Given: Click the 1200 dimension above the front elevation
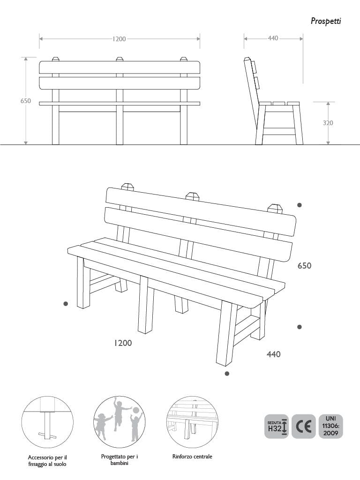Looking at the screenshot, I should coord(120,39).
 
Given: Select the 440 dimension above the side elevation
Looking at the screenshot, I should coord(273,38).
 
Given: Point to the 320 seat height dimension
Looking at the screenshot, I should coord(328,123).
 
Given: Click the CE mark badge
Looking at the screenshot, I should coord(303,427).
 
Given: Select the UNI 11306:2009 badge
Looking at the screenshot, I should coord(330,427).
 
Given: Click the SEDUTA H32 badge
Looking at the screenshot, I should coord(277,427).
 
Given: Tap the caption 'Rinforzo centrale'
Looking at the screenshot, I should coord(192,456).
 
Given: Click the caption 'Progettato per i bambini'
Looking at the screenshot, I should coord(120,459).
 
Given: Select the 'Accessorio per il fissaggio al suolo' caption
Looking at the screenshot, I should coord(47,460).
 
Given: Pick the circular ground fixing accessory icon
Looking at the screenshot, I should coord(47,421).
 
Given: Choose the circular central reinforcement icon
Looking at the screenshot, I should coord(192,421).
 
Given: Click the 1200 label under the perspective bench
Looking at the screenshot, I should coord(123,343).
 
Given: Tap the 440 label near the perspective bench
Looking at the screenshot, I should coord(274,354).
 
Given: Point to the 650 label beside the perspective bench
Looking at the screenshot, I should coord(305,266).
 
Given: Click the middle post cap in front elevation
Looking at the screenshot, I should coord(120,59).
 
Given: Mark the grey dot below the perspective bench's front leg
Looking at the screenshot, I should coord(227,374).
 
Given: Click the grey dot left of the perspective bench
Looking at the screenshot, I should coord(66,304).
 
